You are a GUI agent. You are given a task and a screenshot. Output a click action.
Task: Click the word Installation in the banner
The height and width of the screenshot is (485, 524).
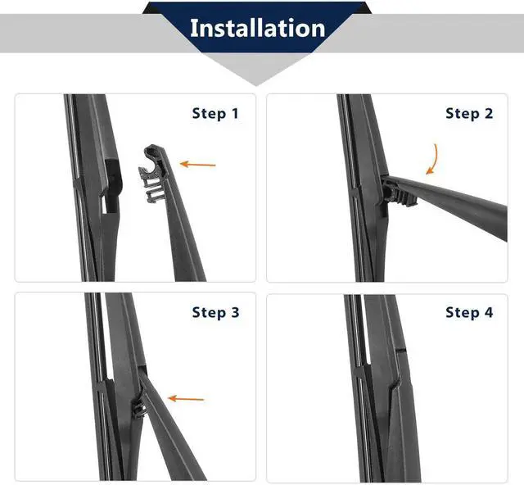[x=257, y=28]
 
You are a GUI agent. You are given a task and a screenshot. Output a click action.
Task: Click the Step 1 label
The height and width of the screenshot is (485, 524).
[x=215, y=113]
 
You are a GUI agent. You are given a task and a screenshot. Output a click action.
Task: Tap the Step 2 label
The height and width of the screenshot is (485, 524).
[x=469, y=113]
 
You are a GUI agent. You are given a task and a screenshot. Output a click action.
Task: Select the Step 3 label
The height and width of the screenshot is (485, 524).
[x=215, y=312]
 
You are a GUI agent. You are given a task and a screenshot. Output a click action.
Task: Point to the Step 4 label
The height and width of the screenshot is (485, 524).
[x=469, y=312]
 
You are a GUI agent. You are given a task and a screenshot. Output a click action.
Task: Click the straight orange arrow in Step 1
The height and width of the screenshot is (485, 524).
[x=198, y=164]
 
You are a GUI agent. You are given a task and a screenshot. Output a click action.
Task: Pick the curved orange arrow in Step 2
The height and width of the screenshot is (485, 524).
[x=433, y=159]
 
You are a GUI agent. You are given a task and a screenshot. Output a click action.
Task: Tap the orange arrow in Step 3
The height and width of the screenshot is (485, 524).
[x=186, y=398]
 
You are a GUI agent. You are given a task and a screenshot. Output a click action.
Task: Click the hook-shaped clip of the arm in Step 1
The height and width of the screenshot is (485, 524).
[x=152, y=173]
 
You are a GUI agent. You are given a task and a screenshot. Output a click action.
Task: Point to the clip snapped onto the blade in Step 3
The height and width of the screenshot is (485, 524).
[x=139, y=409]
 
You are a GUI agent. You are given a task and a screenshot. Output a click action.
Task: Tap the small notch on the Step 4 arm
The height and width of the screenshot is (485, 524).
[x=400, y=351]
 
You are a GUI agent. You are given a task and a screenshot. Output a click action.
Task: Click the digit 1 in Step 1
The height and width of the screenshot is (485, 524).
[x=235, y=113]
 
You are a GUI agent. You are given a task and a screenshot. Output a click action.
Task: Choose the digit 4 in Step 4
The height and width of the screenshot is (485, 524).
[x=489, y=312]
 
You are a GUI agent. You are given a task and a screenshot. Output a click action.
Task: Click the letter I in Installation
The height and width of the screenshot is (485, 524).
[x=194, y=28]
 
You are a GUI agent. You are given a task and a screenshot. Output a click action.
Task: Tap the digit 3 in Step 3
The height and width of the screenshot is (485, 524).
[x=235, y=312]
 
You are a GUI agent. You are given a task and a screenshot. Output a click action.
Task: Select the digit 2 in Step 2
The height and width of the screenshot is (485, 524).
[x=489, y=113]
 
